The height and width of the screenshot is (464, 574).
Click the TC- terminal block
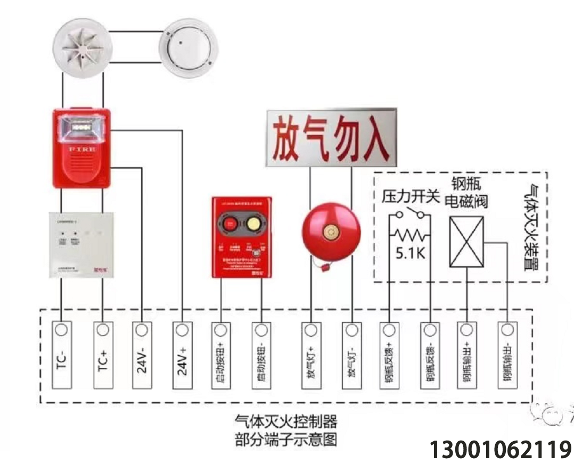62,354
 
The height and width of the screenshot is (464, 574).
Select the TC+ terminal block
103,354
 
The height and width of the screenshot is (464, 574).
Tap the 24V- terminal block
141,354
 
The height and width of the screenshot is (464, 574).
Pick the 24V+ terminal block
182,354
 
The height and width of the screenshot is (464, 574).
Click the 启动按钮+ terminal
219,354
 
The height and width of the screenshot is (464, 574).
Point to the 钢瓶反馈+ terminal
388,354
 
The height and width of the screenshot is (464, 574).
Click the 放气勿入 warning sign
331,137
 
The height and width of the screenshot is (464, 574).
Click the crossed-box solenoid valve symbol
466,241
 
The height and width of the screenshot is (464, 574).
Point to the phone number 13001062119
500,450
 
